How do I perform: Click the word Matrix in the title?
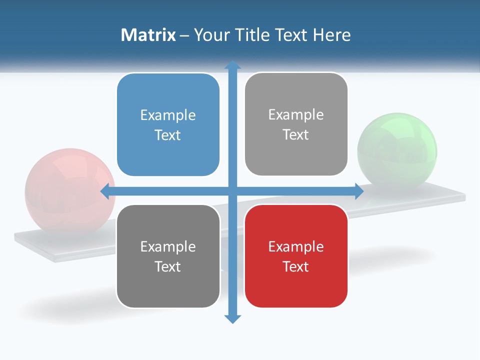(x=148, y=35)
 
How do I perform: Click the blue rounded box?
(x=168, y=125)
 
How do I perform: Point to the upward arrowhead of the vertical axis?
(x=232, y=65)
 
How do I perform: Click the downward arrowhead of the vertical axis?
(x=232, y=318)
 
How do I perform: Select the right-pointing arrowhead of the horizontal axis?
(x=358, y=191)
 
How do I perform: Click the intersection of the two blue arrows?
(x=232, y=191)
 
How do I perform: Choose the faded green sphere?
(x=397, y=150)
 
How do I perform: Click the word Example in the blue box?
(x=168, y=115)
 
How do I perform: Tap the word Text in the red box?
(x=296, y=266)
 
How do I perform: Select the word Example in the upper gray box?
(x=296, y=115)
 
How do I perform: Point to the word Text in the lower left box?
(x=168, y=266)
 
